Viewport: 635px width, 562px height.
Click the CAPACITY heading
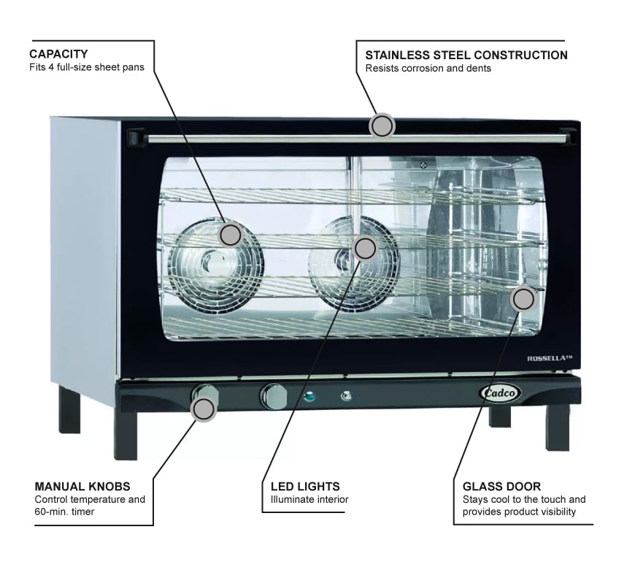tap(58, 54)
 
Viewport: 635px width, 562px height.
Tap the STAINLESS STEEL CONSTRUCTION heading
tap(466, 55)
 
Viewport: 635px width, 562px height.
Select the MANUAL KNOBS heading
tap(82, 486)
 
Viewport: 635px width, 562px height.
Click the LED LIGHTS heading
tap(305, 486)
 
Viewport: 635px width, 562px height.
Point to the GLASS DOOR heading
tap(501, 486)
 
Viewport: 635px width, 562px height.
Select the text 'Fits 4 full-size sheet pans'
tap(87, 68)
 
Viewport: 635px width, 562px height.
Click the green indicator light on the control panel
tap(309, 398)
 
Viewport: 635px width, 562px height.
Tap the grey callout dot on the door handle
tap(381, 126)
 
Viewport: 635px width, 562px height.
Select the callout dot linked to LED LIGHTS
tap(365, 248)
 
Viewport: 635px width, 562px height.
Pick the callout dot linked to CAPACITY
tap(230, 235)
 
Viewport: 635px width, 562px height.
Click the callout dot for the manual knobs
tap(204, 409)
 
